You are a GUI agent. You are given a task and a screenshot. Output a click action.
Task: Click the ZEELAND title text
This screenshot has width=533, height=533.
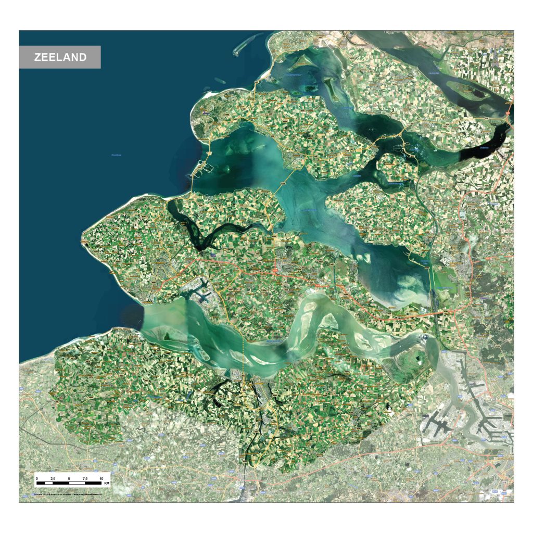[60, 57]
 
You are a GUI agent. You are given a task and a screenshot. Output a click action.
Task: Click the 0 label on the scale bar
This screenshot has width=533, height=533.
[36, 478]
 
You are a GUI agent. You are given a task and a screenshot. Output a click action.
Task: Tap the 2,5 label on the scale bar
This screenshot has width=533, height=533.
[53, 478]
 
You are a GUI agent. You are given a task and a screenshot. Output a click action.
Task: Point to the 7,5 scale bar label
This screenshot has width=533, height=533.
[85, 478]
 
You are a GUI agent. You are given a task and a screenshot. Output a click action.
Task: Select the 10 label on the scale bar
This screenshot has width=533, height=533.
[101, 478]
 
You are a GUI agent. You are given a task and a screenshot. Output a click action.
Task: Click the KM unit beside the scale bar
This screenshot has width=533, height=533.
[107, 484]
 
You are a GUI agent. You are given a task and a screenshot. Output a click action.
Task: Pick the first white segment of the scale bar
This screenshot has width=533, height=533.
[44, 484]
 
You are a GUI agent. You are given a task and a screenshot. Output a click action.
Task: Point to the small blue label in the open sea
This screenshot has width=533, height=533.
[116, 155]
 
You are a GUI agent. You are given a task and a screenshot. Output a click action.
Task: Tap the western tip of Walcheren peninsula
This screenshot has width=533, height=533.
[83, 241]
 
